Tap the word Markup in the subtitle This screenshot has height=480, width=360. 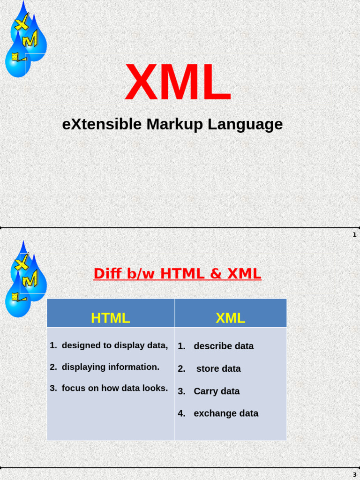(x=175, y=124)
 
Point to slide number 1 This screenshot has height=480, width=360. (x=355, y=235)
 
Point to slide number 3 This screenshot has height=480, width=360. (x=355, y=475)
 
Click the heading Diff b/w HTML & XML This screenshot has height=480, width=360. (x=177, y=273)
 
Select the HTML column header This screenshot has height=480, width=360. (x=110, y=318)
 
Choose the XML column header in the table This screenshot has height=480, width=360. (x=230, y=318)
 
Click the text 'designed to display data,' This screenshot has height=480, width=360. (x=114, y=345)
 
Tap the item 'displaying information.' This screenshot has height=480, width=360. (x=110, y=367)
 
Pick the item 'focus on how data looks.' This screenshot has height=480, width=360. (x=114, y=388)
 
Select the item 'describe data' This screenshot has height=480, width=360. (x=224, y=346)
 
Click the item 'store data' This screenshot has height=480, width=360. (x=218, y=369)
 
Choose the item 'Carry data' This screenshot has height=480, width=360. (x=217, y=391)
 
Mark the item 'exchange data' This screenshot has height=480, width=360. (x=226, y=413)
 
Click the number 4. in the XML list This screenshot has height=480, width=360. (x=181, y=413)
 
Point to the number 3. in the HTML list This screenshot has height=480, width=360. (x=53, y=388)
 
